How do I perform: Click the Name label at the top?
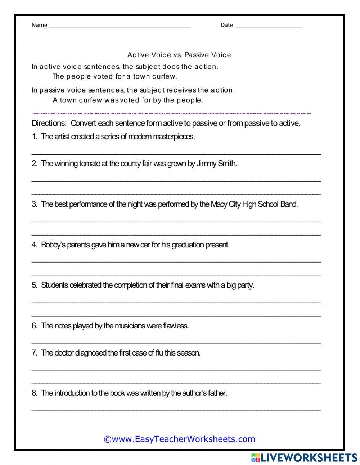(x=39, y=25)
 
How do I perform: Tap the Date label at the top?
(x=227, y=25)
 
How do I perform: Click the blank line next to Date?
(x=268, y=26)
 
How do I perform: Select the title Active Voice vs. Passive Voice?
(x=179, y=55)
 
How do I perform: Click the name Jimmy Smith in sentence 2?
(x=217, y=164)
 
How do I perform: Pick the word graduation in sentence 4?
(x=188, y=245)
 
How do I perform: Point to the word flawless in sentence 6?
(x=176, y=326)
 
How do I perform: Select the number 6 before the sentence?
(x=34, y=326)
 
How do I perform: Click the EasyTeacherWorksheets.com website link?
(x=179, y=439)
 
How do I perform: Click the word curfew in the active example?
(x=165, y=76)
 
